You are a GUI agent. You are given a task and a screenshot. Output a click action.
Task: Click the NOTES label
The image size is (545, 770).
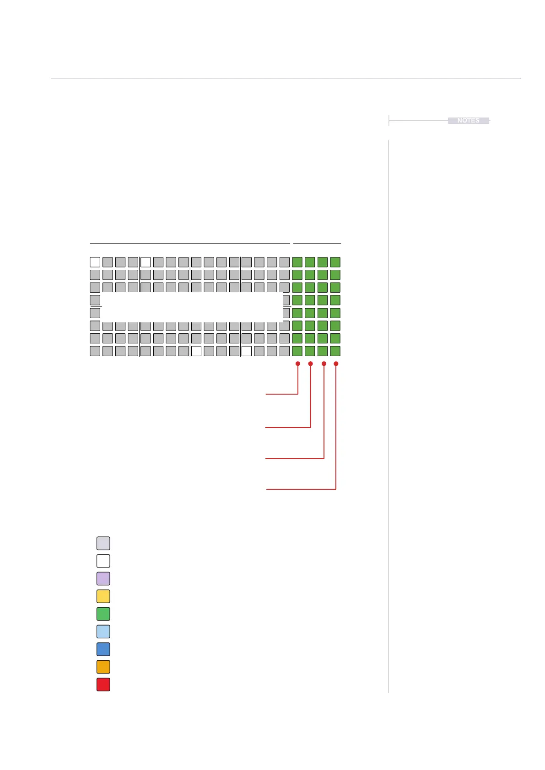(x=468, y=121)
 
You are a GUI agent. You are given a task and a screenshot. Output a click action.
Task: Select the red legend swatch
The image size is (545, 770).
(x=103, y=684)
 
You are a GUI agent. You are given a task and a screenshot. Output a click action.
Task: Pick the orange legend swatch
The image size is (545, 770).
(x=103, y=667)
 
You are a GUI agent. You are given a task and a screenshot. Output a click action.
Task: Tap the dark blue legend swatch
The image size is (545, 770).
(x=103, y=649)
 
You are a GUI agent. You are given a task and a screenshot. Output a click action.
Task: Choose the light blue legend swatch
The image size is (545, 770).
(x=103, y=631)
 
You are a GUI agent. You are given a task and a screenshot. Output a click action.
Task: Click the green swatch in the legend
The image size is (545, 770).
(x=103, y=614)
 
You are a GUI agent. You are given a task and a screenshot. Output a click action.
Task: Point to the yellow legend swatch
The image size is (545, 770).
(x=103, y=596)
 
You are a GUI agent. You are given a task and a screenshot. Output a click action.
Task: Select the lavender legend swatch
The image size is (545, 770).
(x=103, y=578)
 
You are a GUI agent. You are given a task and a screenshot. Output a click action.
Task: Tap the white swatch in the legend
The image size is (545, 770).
(x=103, y=561)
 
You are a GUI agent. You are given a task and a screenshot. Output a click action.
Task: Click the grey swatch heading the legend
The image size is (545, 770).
(x=103, y=543)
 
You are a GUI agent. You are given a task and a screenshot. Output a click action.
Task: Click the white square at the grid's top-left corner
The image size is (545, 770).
(x=95, y=262)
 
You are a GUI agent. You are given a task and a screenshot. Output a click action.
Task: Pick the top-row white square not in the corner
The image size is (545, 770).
(x=146, y=262)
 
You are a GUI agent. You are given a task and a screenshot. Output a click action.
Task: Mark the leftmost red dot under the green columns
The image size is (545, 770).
(x=298, y=364)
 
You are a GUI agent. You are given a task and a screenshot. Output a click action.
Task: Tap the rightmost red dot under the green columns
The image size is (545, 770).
(x=336, y=364)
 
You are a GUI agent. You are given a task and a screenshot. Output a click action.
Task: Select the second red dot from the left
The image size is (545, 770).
(x=311, y=364)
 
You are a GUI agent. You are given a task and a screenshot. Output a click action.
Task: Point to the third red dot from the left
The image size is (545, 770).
(x=324, y=364)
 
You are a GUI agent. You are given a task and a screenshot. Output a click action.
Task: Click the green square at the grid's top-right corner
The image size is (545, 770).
(x=335, y=262)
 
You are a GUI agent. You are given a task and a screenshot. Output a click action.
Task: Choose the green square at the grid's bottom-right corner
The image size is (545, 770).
(x=335, y=351)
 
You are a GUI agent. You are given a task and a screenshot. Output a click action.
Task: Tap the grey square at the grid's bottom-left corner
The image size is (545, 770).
(x=95, y=351)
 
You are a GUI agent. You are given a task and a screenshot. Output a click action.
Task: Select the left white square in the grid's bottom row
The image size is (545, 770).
(x=196, y=351)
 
